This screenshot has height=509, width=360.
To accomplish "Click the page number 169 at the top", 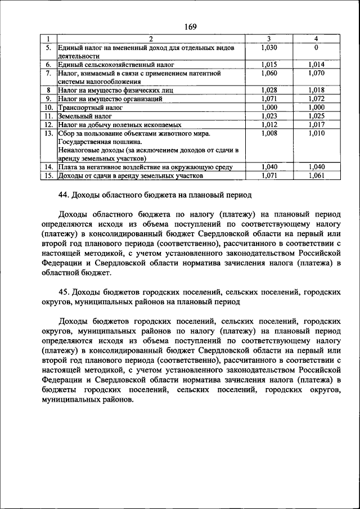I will click(189, 27).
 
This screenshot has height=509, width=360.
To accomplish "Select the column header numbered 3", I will click(269, 39).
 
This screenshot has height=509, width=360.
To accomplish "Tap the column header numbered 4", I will click(316, 39).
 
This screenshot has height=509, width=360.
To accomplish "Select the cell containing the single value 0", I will click(316, 48).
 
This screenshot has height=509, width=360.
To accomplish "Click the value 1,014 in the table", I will click(316, 65).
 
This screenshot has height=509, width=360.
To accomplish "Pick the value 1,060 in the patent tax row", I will click(269, 73).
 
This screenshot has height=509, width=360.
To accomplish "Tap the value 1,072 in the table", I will click(316, 98).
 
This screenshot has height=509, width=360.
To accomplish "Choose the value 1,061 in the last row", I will click(316, 175).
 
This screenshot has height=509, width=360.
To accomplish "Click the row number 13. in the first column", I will click(49, 133).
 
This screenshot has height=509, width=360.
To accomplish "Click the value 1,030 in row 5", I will click(269, 48).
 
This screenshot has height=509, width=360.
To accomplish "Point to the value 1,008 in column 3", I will click(269, 133).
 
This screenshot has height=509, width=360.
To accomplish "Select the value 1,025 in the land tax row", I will click(316, 115).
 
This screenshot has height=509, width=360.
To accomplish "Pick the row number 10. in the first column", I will click(49, 107).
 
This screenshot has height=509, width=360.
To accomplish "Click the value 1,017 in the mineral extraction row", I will click(316, 124).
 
